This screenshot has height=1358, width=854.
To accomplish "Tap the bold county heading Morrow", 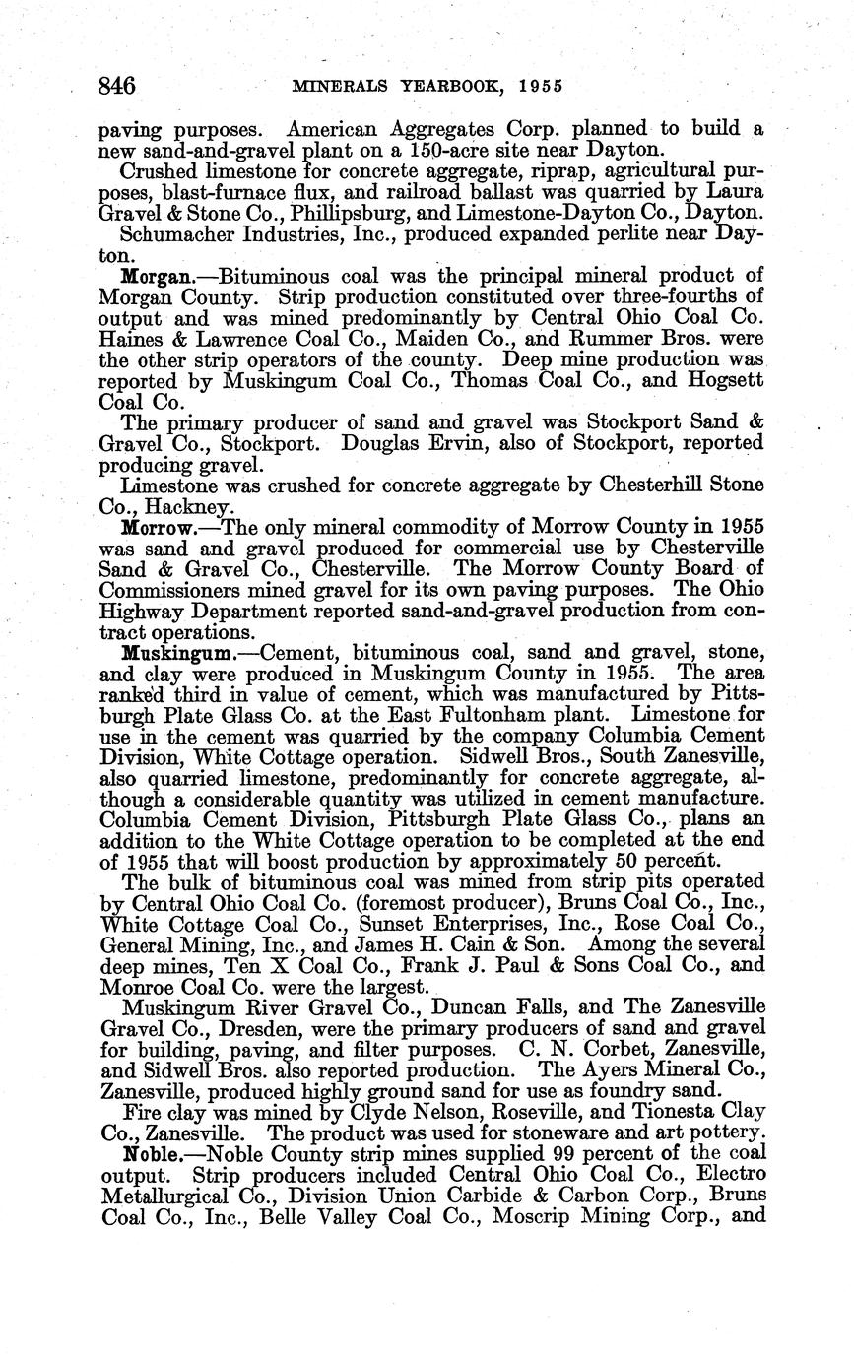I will click(x=152, y=527).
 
